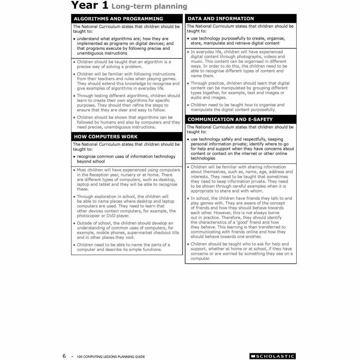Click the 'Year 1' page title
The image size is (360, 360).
coord(89,6)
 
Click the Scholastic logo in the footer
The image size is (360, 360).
coord(272,355)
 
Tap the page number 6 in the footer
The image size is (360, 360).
coord(64,355)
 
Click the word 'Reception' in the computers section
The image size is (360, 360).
coord(101,175)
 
